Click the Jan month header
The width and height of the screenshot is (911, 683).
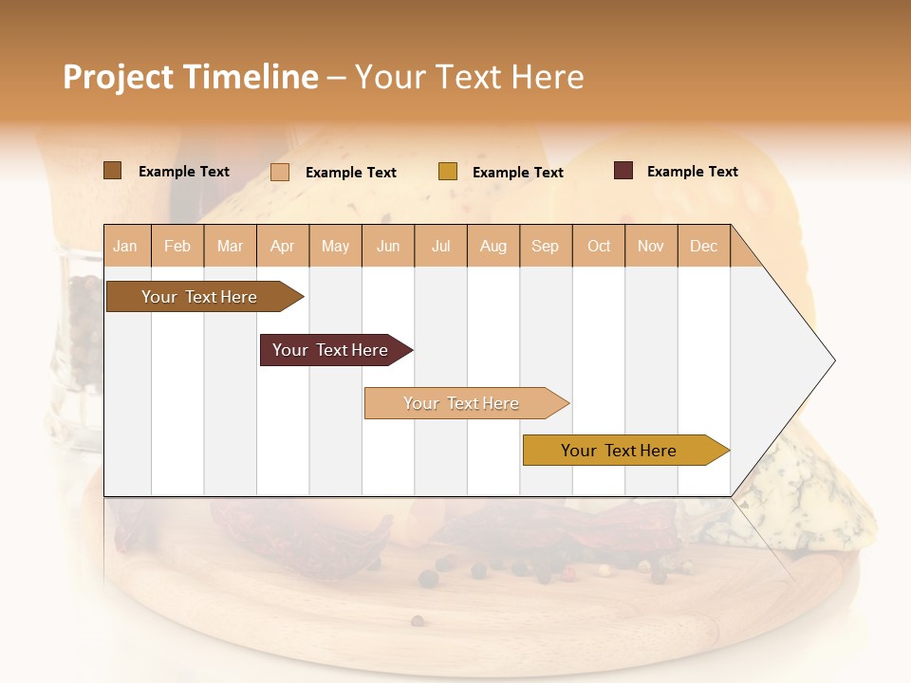[125, 246]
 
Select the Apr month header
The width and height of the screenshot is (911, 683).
[282, 246]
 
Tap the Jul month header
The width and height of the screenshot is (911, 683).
[440, 246]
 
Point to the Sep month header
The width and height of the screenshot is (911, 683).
[545, 246]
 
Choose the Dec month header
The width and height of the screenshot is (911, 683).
[703, 246]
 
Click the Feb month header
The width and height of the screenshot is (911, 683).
[177, 246]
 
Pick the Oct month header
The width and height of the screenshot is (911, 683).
[599, 246]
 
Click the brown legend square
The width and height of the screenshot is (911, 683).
[112, 171]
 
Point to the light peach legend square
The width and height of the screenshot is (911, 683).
[280, 172]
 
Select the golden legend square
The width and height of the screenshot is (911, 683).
[448, 172]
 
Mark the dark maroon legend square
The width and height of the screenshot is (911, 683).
[623, 171]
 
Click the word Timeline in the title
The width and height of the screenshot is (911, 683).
[251, 77]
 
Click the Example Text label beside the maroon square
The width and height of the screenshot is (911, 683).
[692, 171]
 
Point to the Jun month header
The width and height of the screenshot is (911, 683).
[388, 246]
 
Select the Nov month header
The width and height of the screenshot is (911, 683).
[650, 246]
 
